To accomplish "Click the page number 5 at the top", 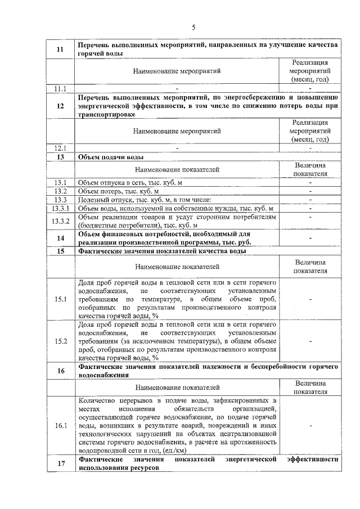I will click(194, 28).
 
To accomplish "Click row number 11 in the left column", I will click(60, 49).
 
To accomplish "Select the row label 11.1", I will click(60, 88).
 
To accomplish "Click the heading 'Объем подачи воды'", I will click(111, 157).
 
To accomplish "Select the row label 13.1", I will click(60, 183).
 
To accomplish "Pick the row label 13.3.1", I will click(60, 209).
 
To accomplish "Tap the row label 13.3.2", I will click(60, 222).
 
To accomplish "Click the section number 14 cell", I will click(60, 238).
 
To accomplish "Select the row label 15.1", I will click(60, 299).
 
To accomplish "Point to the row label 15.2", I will click(60, 341).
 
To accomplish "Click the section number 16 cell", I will click(60, 371).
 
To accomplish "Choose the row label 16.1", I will click(60, 426).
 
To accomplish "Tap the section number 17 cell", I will click(60, 463).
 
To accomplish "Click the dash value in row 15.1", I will click(310, 299).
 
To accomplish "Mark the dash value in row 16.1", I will click(310, 426).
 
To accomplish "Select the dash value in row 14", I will click(310, 238).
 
